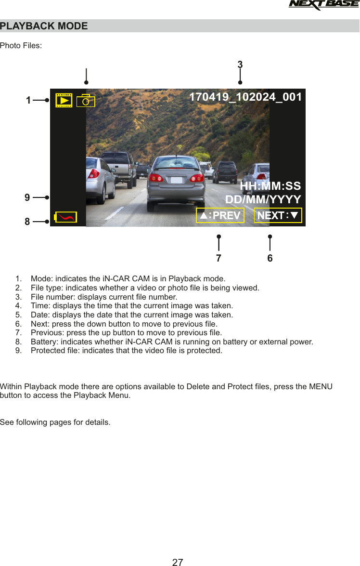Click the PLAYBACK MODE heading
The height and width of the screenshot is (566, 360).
[44, 26]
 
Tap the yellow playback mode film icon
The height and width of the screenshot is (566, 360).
[64, 100]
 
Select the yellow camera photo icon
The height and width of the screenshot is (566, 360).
[86, 101]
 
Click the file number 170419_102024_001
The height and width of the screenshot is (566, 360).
[245, 97]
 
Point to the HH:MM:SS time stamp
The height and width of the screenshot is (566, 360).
[270, 186]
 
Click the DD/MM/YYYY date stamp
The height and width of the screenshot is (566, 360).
[263, 199]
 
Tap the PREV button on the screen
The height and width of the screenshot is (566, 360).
[220, 215]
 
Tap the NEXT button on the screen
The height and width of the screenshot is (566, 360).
[278, 215]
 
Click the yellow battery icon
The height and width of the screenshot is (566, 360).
[65, 217]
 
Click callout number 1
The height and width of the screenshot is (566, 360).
[28, 101]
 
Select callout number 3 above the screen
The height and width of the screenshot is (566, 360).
[240, 65]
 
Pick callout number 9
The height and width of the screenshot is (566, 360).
[27, 197]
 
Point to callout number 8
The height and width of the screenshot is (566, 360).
[27, 222]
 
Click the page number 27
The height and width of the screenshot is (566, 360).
[178, 562]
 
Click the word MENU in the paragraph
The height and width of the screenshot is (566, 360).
[321, 387]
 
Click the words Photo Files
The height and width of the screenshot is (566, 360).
[21, 46]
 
